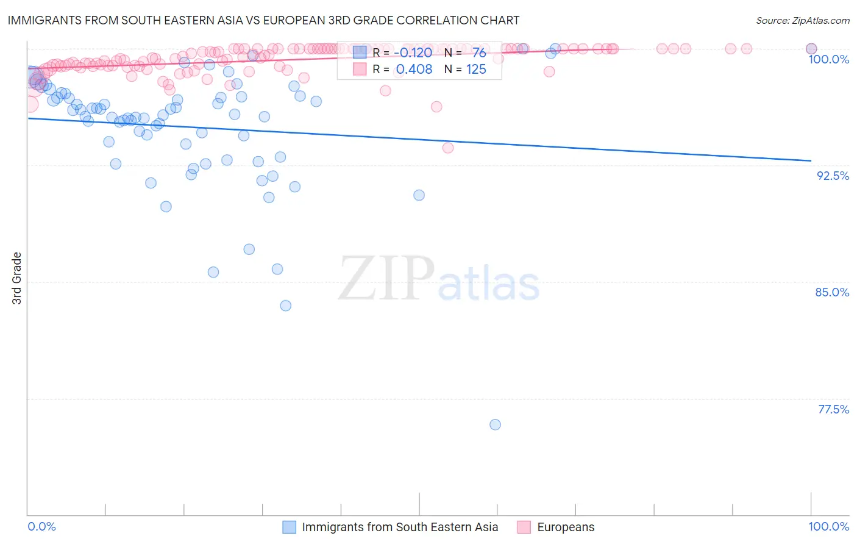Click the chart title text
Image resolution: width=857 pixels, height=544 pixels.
point(263,20)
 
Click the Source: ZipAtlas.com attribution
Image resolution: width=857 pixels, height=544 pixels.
point(802,20)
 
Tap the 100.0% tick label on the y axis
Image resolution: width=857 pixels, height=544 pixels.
point(828,59)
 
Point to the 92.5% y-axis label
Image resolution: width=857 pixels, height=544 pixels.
point(833,176)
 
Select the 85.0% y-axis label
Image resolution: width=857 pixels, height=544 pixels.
point(832,292)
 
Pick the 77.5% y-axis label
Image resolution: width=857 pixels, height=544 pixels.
point(833,409)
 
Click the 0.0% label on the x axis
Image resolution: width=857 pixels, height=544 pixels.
point(41,526)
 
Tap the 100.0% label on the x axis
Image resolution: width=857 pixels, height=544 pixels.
point(828,526)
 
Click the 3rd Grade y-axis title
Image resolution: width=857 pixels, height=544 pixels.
point(17,278)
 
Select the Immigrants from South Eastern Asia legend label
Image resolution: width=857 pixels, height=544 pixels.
point(400,527)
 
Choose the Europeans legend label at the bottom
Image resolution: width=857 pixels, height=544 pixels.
point(565,527)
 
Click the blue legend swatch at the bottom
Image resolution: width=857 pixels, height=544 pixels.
point(289,527)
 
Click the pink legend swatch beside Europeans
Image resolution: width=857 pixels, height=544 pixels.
point(524,527)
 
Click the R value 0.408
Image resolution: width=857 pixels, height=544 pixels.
point(414,70)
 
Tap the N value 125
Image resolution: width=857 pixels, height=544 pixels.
point(476,70)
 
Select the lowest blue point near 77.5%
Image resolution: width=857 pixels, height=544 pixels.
point(495,424)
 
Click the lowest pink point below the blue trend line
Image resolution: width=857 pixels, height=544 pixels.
point(448,148)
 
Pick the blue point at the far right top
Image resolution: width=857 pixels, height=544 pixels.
point(811,49)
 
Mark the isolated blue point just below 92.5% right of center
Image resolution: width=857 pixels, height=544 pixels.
point(419,195)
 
